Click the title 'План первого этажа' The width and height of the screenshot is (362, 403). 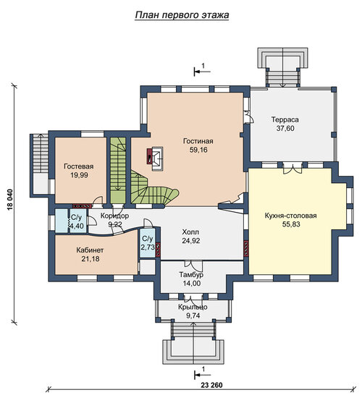coord(182,15)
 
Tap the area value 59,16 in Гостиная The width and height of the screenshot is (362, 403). coord(198,150)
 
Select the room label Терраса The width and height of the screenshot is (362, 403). coord(285,120)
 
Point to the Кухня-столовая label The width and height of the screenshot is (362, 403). coord(291,216)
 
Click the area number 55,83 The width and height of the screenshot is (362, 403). coord(291,224)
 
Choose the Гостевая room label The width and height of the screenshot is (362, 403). coord(79,166)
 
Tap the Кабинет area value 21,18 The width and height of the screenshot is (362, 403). coord(90,259)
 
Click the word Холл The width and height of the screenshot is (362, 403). coord(190,232)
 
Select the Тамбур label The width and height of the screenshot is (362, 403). coord(191,274)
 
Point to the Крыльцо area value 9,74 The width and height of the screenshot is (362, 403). coord(193,316)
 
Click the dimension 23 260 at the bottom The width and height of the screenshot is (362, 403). coord(211,385)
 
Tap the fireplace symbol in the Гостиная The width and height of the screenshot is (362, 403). coord(155,158)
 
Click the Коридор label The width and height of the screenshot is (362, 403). coord(114,216)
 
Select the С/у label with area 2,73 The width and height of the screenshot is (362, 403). coord(147,239)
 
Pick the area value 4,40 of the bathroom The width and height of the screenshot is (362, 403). coord(77,226)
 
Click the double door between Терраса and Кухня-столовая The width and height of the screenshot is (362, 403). coord(292,168)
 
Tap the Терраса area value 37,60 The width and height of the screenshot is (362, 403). coord(285,129)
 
